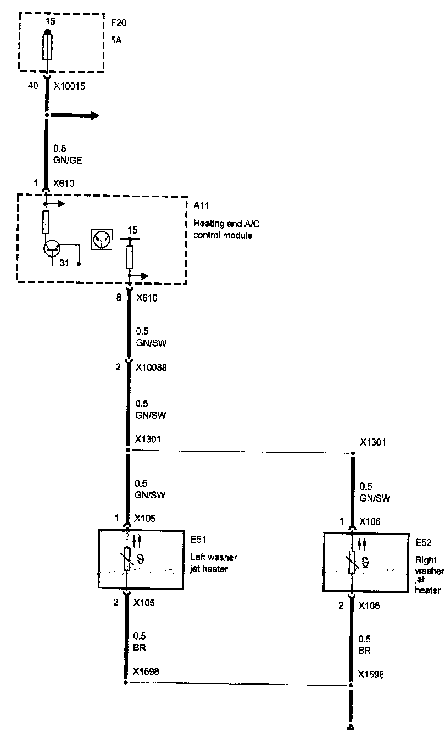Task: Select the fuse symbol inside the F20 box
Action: [x=47, y=47]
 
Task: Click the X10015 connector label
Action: [x=70, y=86]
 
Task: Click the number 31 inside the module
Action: [x=64, y=264]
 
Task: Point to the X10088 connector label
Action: [x=151, y=368]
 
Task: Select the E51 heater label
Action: [x=197, y=540]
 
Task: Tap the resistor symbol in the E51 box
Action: [x=127, y=559]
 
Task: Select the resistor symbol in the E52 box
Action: [x=352, y=562]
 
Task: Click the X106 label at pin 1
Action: [x=370, y=521]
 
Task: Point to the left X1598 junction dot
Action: [x=126, y=682]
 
